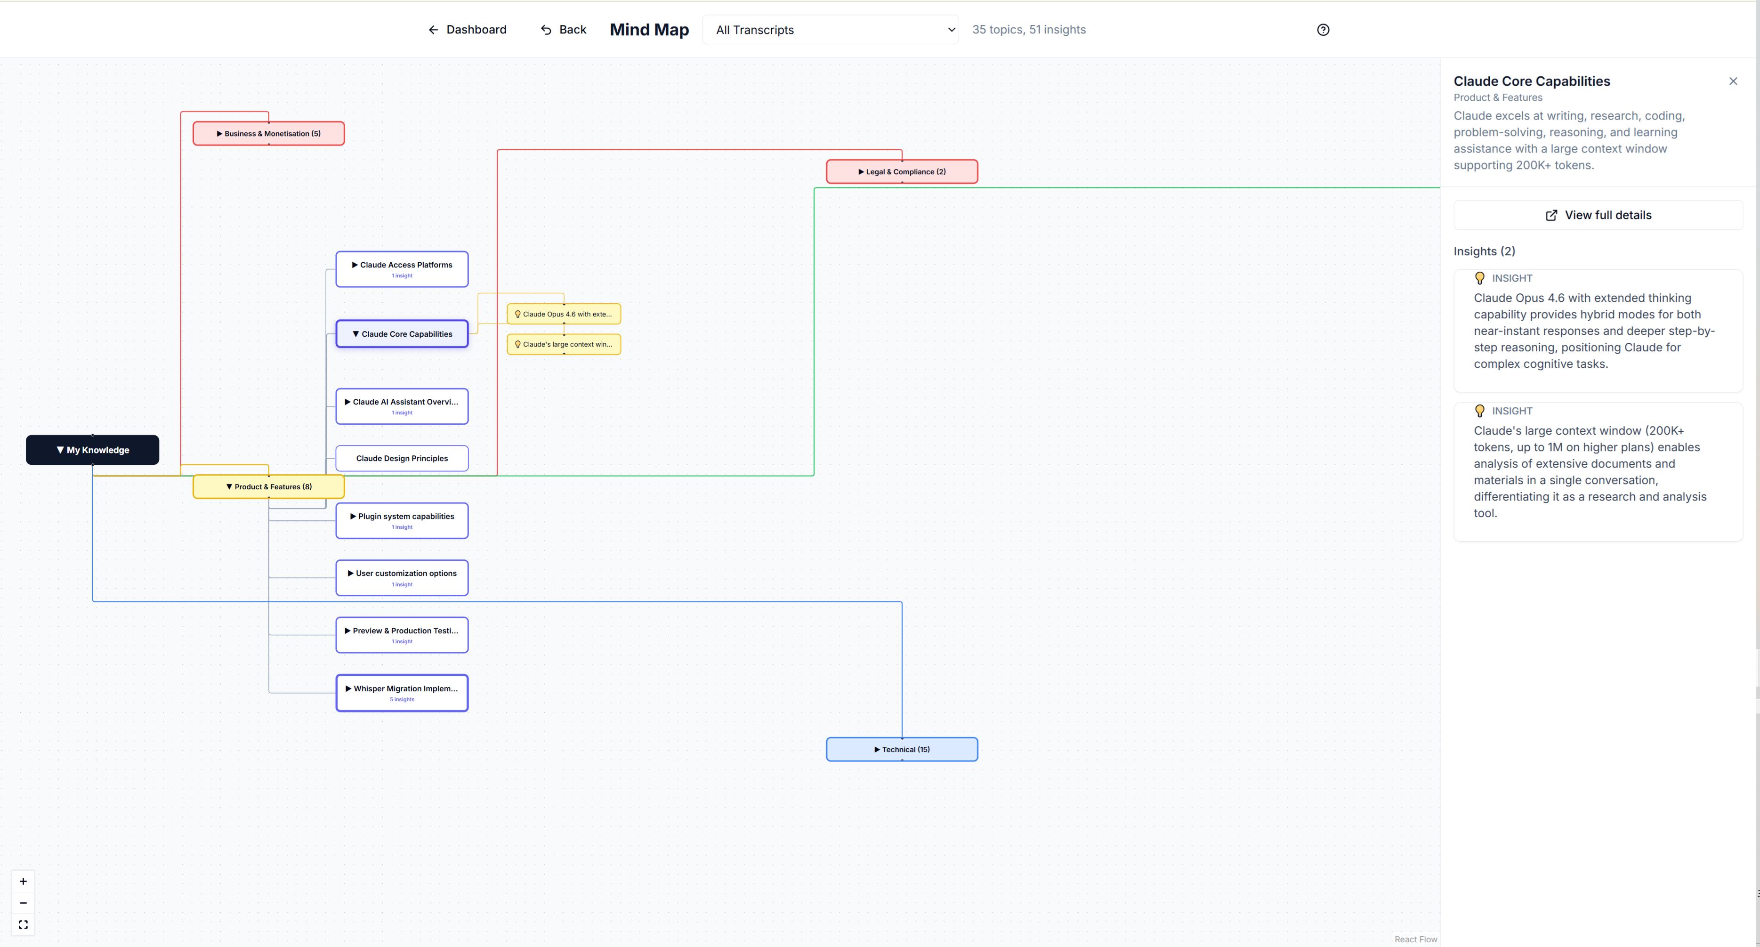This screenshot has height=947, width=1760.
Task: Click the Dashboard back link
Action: click(x=468, y=29)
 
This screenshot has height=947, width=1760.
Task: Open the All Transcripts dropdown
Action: click(x=830, y=29)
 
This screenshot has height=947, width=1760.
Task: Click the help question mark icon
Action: click(x=1323, y=29)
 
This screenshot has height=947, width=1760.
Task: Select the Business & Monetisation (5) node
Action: click(x=268, y=133)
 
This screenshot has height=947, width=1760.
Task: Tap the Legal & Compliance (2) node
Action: click(x=902, y=171)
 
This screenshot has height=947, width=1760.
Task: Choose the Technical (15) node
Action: click(x=902, y=749)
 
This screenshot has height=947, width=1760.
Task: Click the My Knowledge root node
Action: click(x=92, y=450)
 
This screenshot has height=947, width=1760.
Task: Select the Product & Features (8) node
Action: click(x=268, y=486)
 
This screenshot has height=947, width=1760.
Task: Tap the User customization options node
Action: click(x=402, y=578)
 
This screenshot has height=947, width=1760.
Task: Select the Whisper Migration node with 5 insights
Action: click(x=402, y=693)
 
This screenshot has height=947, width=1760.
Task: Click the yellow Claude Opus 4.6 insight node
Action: click(x=564, y=314)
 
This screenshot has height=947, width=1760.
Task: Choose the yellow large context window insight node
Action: click(x=564, y=344)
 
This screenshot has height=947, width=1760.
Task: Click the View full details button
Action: click(x=1598, y=215)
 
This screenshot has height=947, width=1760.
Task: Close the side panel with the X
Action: click(x=1733, y=81)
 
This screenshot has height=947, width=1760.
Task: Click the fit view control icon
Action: click(x=23, y=924)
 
